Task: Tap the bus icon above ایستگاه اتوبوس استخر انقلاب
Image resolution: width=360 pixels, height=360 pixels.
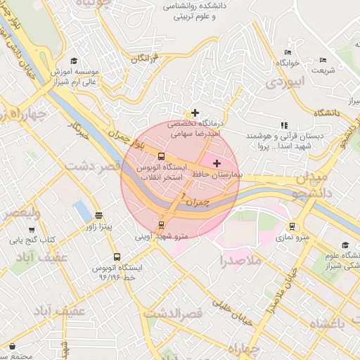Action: tap(162, 156)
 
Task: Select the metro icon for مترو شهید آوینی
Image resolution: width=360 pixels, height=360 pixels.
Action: tap(162, 225)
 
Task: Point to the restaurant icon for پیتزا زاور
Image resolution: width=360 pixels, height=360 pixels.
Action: tap(98, 216)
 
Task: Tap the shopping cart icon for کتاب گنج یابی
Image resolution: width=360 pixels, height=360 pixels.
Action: tap(32, 229)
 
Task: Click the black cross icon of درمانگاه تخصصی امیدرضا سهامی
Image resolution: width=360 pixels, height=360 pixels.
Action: tap(195, 112)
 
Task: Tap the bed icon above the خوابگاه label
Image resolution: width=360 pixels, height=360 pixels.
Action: tap(287, 52)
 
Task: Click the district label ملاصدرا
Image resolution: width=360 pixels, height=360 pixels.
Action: tap(240, 261)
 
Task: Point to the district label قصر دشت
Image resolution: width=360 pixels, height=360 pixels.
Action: tap(94, 166)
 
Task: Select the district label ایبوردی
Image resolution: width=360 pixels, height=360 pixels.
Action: tap(286, 82)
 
